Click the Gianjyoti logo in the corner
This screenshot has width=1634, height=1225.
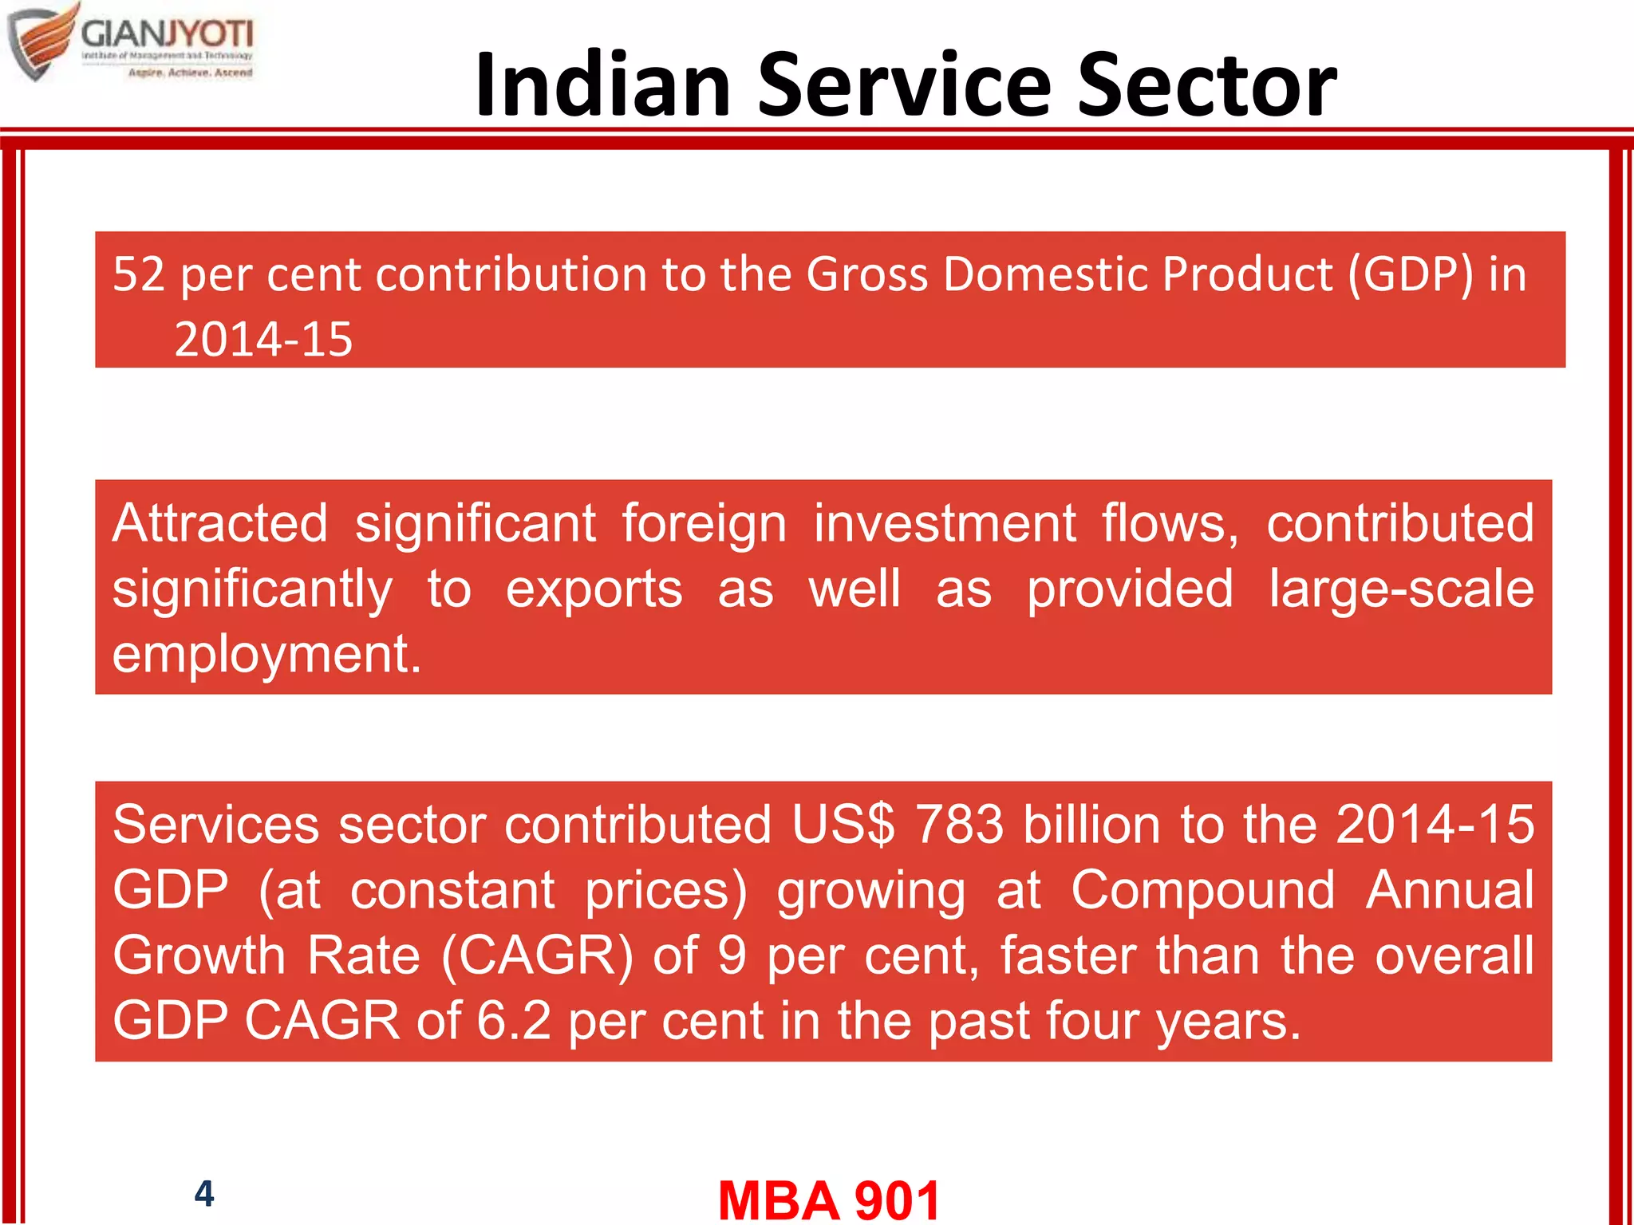132,41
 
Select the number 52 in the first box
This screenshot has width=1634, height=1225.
139,274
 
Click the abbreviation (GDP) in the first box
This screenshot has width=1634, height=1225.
1411,274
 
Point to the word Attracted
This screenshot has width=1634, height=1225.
220,524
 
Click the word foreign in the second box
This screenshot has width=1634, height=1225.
704,524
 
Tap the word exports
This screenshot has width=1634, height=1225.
594,589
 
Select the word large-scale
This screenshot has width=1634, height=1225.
1401,589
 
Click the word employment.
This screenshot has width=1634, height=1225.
266,655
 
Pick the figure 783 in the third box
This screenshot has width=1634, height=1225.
959,825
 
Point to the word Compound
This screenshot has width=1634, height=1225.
1202,890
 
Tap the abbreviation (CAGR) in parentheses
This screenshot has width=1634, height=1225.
537,955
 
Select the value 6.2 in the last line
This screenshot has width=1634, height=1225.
513,1021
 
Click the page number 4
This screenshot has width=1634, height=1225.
204,1194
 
